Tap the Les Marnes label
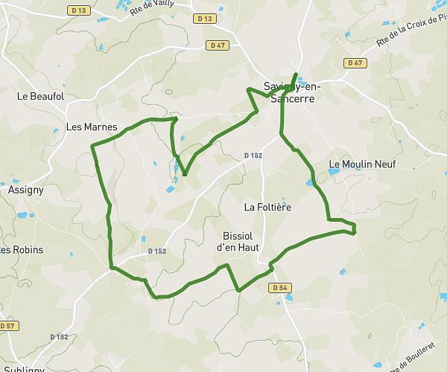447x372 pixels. (x=92, y=127)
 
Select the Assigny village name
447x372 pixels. (x=26, y=190)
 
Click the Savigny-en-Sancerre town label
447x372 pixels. (x=290, y=92)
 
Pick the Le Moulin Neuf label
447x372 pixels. (x=362, y=164)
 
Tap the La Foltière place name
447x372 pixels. (x=267, y=206)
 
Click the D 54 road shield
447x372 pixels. (x=279, y=287)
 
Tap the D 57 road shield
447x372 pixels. (x=7, y=326)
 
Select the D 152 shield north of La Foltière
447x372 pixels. (x=253, y=155)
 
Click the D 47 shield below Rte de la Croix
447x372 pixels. (x=355, y=62)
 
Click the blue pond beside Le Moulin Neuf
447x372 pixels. (x=332, y=172)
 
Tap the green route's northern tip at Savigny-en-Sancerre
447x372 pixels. (x=297, y=74)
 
